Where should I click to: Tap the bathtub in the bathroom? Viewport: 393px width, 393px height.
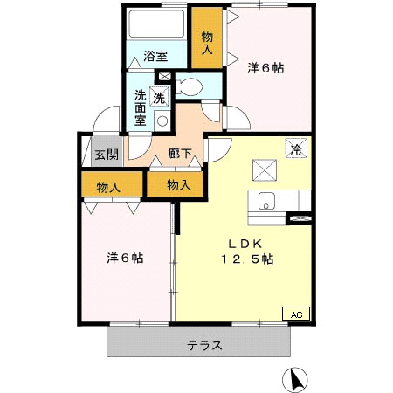[158, 25]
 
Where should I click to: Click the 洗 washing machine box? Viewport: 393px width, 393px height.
[159, 98]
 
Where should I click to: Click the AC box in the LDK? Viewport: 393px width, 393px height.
[294, 313]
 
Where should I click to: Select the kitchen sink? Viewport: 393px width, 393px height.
[265, 200]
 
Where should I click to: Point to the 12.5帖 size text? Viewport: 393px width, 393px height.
[245, 259]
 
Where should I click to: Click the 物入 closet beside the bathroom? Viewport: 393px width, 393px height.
[207, 44]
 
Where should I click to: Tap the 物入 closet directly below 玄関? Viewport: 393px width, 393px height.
[108, 186]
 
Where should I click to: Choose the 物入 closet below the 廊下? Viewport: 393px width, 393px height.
[177, 185]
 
